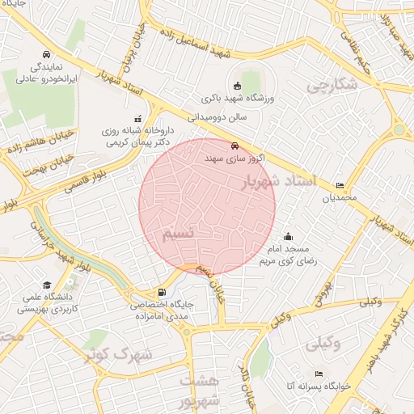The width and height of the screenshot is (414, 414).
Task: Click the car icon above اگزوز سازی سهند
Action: [x=234, y=146]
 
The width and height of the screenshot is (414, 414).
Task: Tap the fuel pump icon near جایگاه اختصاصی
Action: [x=164, y=292]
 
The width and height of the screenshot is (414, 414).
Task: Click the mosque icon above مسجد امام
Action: [x=289, y=236]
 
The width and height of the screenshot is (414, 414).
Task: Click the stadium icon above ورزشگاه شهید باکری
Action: [x=236, y=86]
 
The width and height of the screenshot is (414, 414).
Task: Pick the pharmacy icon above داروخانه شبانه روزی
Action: [x=137, y=118]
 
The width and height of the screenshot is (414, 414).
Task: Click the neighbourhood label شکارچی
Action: [x=332, y=85]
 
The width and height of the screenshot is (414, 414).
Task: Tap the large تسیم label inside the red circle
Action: [x=179, y=234]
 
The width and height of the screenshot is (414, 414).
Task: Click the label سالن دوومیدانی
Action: [x=229, y=117]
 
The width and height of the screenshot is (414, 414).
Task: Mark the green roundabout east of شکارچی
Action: [x=399, y=130]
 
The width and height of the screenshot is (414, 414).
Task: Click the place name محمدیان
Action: [x=339, y=198]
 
